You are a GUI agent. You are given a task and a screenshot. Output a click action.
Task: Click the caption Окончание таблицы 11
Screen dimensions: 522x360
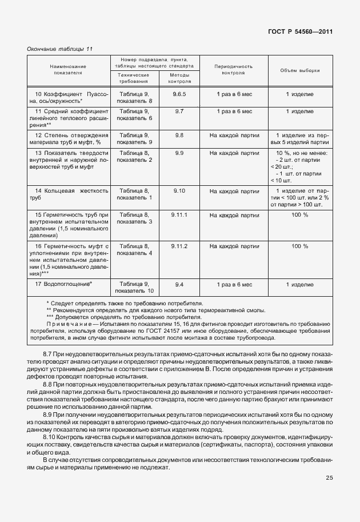59,49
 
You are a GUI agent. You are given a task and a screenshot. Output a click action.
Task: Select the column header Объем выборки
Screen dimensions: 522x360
300,70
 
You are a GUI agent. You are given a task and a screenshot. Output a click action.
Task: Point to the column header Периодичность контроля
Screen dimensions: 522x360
230,70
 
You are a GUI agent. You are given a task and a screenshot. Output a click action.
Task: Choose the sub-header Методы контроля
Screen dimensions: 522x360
179,78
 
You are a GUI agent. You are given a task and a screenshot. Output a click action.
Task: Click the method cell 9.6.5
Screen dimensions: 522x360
179,93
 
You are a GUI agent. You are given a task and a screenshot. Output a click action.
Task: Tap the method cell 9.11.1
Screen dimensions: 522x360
179,214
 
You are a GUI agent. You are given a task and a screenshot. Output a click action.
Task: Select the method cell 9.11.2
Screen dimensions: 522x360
179,246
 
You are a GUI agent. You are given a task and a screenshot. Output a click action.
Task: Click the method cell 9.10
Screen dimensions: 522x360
179,190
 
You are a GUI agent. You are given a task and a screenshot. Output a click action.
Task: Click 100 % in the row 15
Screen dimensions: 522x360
300,214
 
